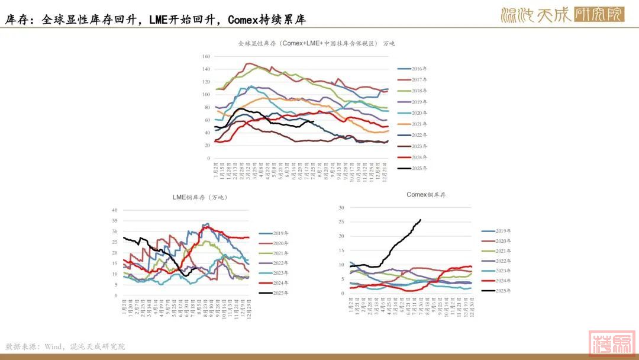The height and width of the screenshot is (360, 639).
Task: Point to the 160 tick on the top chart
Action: (206, 57)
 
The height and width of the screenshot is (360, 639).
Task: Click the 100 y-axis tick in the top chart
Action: (206, 95)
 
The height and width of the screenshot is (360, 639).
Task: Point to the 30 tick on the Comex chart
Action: (341, 208)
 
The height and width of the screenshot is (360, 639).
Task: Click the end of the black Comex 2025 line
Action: (420, 220)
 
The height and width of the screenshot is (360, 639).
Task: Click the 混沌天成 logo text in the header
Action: (535, 15)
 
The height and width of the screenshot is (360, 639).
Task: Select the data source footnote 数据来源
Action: (65, 346)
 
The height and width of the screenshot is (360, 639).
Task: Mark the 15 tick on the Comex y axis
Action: (341, 250)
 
